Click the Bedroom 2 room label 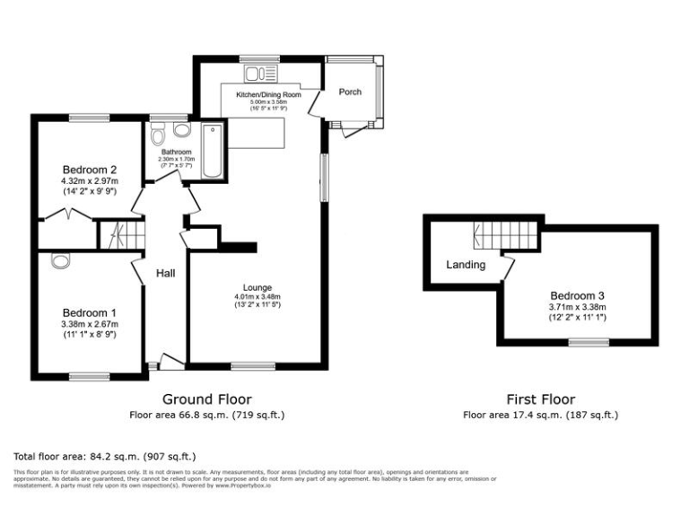point(90,170)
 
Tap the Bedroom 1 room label point(90,311)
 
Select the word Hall point(166,273)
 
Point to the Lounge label point(257,286)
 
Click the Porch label point(350,92)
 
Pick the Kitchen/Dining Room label point(268,94)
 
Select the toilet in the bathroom point(158,136)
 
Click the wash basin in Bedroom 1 point(60,261)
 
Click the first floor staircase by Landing point(504,237)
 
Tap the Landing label point(466,265)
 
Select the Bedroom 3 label point(577,295)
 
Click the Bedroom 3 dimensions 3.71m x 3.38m point(577,307)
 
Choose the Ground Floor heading point(206,399)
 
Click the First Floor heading point(540,399)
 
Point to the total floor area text point(104,456)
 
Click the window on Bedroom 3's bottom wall point(589,341)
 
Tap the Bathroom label point(177,152)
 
